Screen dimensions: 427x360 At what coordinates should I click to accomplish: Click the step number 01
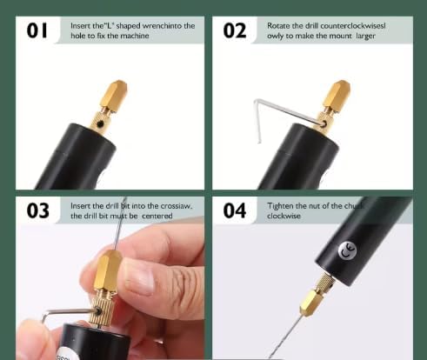click(x=37, y=30)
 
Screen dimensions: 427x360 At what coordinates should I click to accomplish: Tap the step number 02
click(x=235, y=30)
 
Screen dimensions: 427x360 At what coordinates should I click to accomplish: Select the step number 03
click(x=38, y=210)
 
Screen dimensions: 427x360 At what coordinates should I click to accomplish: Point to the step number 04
click(x=235, y=210)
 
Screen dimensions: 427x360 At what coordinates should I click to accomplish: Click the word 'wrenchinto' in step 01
click(x=162, y=26)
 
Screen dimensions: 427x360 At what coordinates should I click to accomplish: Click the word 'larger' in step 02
click(x=365, y=37)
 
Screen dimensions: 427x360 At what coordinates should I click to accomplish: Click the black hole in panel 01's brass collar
click(x=100, y=124)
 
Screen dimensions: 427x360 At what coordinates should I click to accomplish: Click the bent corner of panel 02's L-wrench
click(x=256, y=101)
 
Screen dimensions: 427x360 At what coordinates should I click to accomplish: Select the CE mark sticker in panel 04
click(x=347, y=250)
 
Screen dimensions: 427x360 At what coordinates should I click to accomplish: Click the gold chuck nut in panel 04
click(x=311, y=303)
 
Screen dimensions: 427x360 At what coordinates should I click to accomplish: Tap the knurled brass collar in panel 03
click(x=101, y=310)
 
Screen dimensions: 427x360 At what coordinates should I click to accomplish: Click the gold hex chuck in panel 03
click(x=108, y=272)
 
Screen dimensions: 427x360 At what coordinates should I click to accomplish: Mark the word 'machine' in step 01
click(x=135, y=36)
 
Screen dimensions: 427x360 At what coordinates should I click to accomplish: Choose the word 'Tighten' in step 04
click(x=280, y=206)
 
